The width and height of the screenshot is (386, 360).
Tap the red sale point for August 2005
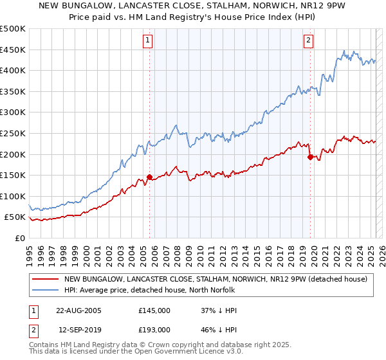150,177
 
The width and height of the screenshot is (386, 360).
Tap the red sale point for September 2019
310,157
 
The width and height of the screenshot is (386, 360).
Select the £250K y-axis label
13,133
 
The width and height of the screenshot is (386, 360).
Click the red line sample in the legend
46,279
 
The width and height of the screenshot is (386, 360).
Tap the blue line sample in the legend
46,290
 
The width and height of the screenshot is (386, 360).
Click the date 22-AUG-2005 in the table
79,310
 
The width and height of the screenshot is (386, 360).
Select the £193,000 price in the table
154,329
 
